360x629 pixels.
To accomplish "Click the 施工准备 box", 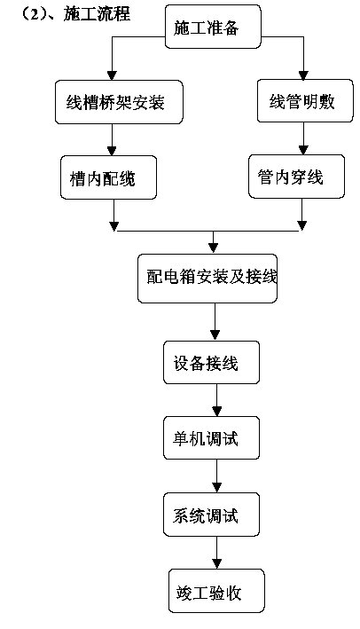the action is click(213, 27).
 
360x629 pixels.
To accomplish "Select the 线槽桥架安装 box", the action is click(119, 102).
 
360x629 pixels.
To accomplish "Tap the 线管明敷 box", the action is click(305, 100).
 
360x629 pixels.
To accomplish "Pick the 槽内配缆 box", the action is click(108, 177).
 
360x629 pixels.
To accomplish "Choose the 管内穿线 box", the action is click(296, 177).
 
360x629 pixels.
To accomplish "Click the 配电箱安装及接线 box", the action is click(207, 279).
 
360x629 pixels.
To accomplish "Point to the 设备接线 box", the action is click(211, 362).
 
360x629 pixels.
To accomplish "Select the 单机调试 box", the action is click(211, 437).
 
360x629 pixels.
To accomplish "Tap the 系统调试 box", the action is click(211, 515).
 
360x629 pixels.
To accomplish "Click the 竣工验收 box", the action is click(216, 591).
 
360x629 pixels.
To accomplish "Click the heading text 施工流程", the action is click(97, 13).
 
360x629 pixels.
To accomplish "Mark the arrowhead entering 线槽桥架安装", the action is click(113, 75).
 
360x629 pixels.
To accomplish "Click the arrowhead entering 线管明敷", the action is click(303, 75).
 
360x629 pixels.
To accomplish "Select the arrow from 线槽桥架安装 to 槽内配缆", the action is click(112, 139).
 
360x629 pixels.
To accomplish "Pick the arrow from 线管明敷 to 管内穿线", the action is click(303, 138).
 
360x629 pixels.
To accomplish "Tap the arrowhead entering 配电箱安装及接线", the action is click(214, 248).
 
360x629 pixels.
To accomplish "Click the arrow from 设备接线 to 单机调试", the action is click(217, 400).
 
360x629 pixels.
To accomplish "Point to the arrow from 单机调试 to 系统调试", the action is click(217, 476).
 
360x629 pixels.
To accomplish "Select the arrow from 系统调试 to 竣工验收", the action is click(217, 553).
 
